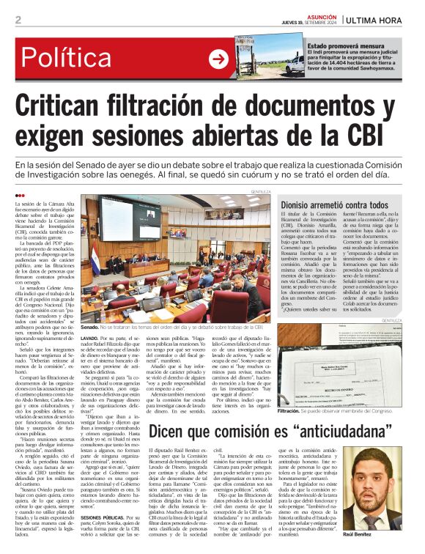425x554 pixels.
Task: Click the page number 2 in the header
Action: pyautogui.click(x=18, y=20)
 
